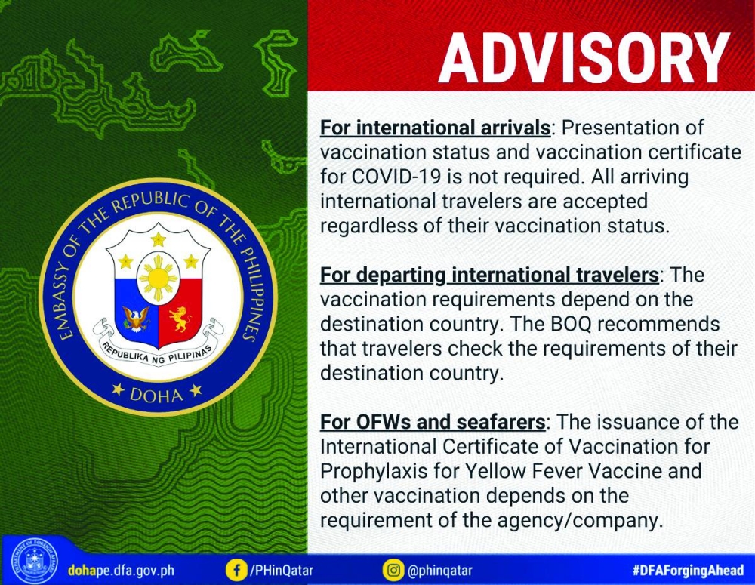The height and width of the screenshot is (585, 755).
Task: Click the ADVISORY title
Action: tap(584, 59)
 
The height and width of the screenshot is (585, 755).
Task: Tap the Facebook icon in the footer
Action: tap(236, 571)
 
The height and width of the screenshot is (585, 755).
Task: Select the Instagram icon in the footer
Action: tap(393, 571)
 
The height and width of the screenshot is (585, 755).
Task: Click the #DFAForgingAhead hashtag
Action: tap(688, 571)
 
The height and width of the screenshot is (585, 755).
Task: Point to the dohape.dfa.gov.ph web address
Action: tap(121, 571)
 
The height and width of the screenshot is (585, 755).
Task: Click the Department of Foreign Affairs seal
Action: tap(34, 561)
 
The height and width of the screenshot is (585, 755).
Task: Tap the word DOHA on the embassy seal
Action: tap(157, 395)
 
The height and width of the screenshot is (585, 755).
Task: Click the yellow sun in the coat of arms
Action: tap(159, 278)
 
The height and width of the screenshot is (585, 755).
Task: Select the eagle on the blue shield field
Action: tap(137, 319)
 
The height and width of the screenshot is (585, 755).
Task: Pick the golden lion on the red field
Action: tap(180, 319)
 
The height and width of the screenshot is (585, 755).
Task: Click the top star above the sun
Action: tap(159, 239)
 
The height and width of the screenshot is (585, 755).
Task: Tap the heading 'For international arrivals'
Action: tap(436, 128)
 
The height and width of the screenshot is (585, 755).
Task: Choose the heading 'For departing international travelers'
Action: tap(489, 275)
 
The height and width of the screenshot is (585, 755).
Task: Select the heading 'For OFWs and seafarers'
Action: tap(433, 422)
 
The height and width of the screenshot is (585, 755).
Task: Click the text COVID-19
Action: tap(396, 177)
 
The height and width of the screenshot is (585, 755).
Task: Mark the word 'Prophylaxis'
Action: tap(374, 472)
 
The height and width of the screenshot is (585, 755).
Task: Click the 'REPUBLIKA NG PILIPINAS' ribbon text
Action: tap(159, 355)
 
